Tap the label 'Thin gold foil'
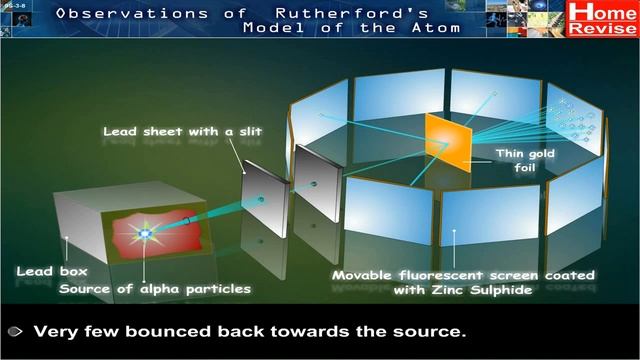(525, 161)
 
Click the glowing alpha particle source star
(144, 234)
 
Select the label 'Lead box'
(52, 271)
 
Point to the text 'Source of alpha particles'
(155, 289)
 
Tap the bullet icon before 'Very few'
(15, 330)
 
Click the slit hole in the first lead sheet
(261, 199)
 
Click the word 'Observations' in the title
(119, 13)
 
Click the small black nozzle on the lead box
(186, 219)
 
